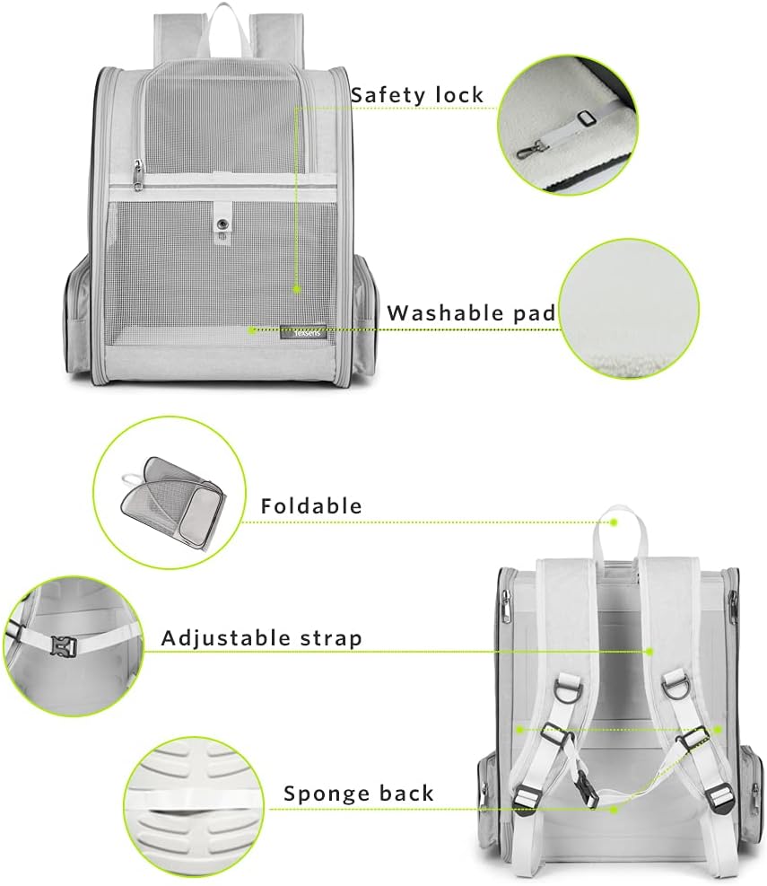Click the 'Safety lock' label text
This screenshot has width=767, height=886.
[416, 95]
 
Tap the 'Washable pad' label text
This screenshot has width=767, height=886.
[471, 313]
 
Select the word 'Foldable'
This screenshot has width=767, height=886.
[311, 505]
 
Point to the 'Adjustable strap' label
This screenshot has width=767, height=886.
[261, 638]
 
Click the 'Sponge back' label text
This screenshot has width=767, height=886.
[359, 794]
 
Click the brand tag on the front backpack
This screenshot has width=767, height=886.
[297, 331]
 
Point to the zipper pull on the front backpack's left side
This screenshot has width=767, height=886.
[137, 172]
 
